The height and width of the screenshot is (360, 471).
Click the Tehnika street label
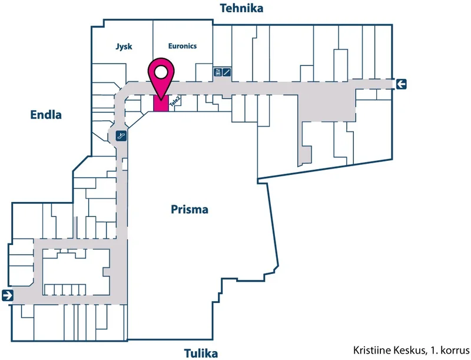pos(241,8)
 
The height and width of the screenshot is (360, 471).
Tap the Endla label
pos(46,114)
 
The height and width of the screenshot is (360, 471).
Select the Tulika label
pos(201,354)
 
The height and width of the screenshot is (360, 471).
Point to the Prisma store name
pos(190,209)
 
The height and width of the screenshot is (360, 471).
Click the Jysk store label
pos(124,47)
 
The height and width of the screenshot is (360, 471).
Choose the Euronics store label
pos(183,46)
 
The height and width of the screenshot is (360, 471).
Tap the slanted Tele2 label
pos(175,101)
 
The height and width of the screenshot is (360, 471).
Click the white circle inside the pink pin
pos(161,72)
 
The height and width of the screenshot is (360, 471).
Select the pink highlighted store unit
pos(161,103)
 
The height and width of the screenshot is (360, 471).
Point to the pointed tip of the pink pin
pos(161,100)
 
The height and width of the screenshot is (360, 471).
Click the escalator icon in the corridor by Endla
pos(121,136)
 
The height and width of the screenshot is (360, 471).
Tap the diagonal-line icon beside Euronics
pos(227,72)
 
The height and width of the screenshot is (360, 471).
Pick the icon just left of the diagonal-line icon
pos(218,72)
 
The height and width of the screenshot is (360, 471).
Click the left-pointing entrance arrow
pos(401,84)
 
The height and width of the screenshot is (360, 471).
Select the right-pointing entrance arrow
pos(8,295)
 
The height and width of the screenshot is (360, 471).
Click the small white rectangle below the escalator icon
pos(125,164)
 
